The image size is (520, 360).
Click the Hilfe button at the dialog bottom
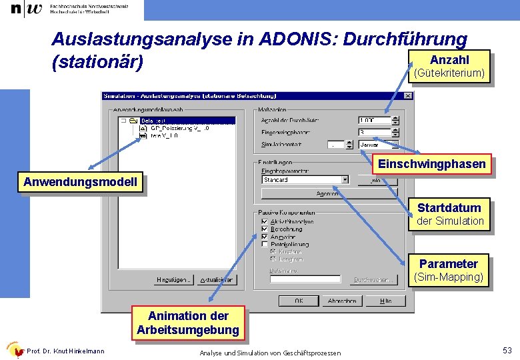pyautogui.click(x=385, y=301)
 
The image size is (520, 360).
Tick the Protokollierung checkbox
pyautogui.click(x=265, y=245)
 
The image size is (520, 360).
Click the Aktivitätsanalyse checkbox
pyautogui.click(x=265, y=221)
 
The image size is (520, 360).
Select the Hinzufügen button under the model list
pyautogui.click(x=175, y=280)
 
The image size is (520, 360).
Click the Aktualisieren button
pyautogui.click(x=216, y=280)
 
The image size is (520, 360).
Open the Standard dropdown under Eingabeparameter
pyautogui.click(x=345, y=179)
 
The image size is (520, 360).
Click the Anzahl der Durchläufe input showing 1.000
pyautogui.click(x=375, y=121)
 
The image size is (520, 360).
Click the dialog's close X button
pyautogui.click(x=408, y=96)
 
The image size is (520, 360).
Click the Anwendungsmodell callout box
pyautogui.click(x=80, y=182)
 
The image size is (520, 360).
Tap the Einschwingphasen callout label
pyautogui.click(x=432, y=164)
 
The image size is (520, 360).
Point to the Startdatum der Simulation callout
pyautogui.click(x=449, y=214)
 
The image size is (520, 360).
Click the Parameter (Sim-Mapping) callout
pyautogui.click(x=449, y=270)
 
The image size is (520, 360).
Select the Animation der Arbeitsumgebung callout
pyautogui.click(x=187, y=323)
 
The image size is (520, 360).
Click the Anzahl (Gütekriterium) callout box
pyautogui.click(x=449, y=66)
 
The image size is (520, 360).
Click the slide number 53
pyautogui.click(x=507, y=351)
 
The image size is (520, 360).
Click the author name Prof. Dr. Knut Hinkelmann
pyautogui.click(x=65, y=351)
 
